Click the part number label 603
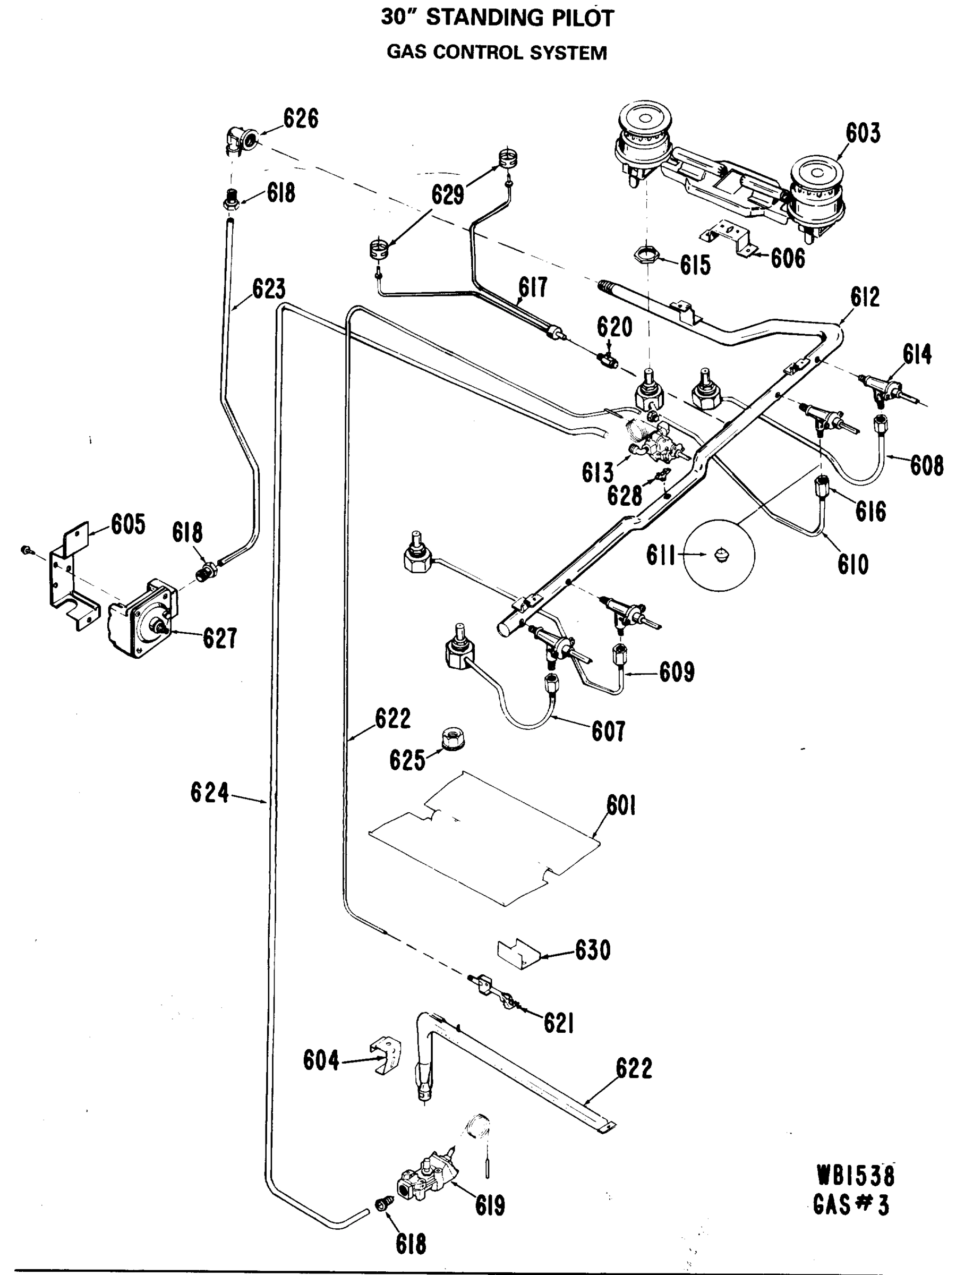click(863, 133)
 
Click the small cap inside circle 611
click(721, 555)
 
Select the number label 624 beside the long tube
click(210, 793)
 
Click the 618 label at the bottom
click(411, 1244)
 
